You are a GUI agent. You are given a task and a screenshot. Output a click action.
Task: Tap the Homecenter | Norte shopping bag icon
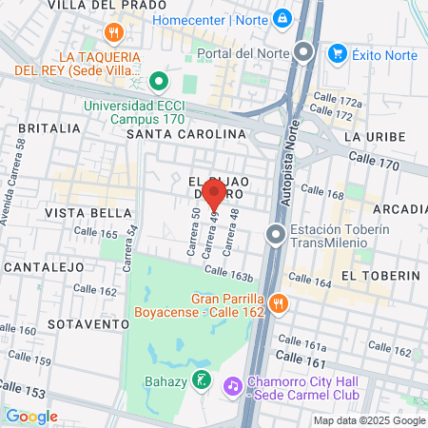[x=282, y=18]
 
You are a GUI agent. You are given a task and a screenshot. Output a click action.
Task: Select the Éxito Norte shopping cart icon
[x=336, y=54]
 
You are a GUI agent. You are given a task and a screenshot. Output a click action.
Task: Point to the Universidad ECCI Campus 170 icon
[x=160, y=82]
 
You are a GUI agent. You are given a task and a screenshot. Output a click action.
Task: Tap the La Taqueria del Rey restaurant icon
[x=113, y=33]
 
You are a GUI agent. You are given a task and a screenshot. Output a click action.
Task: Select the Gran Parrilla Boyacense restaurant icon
[x=278, y=303]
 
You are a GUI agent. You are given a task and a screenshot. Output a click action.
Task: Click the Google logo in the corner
[x=31, y=416]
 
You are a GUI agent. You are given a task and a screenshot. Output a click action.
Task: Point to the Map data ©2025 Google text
[x=370, y=420]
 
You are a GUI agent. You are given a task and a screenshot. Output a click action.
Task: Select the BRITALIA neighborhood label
[x=41, y=127]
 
